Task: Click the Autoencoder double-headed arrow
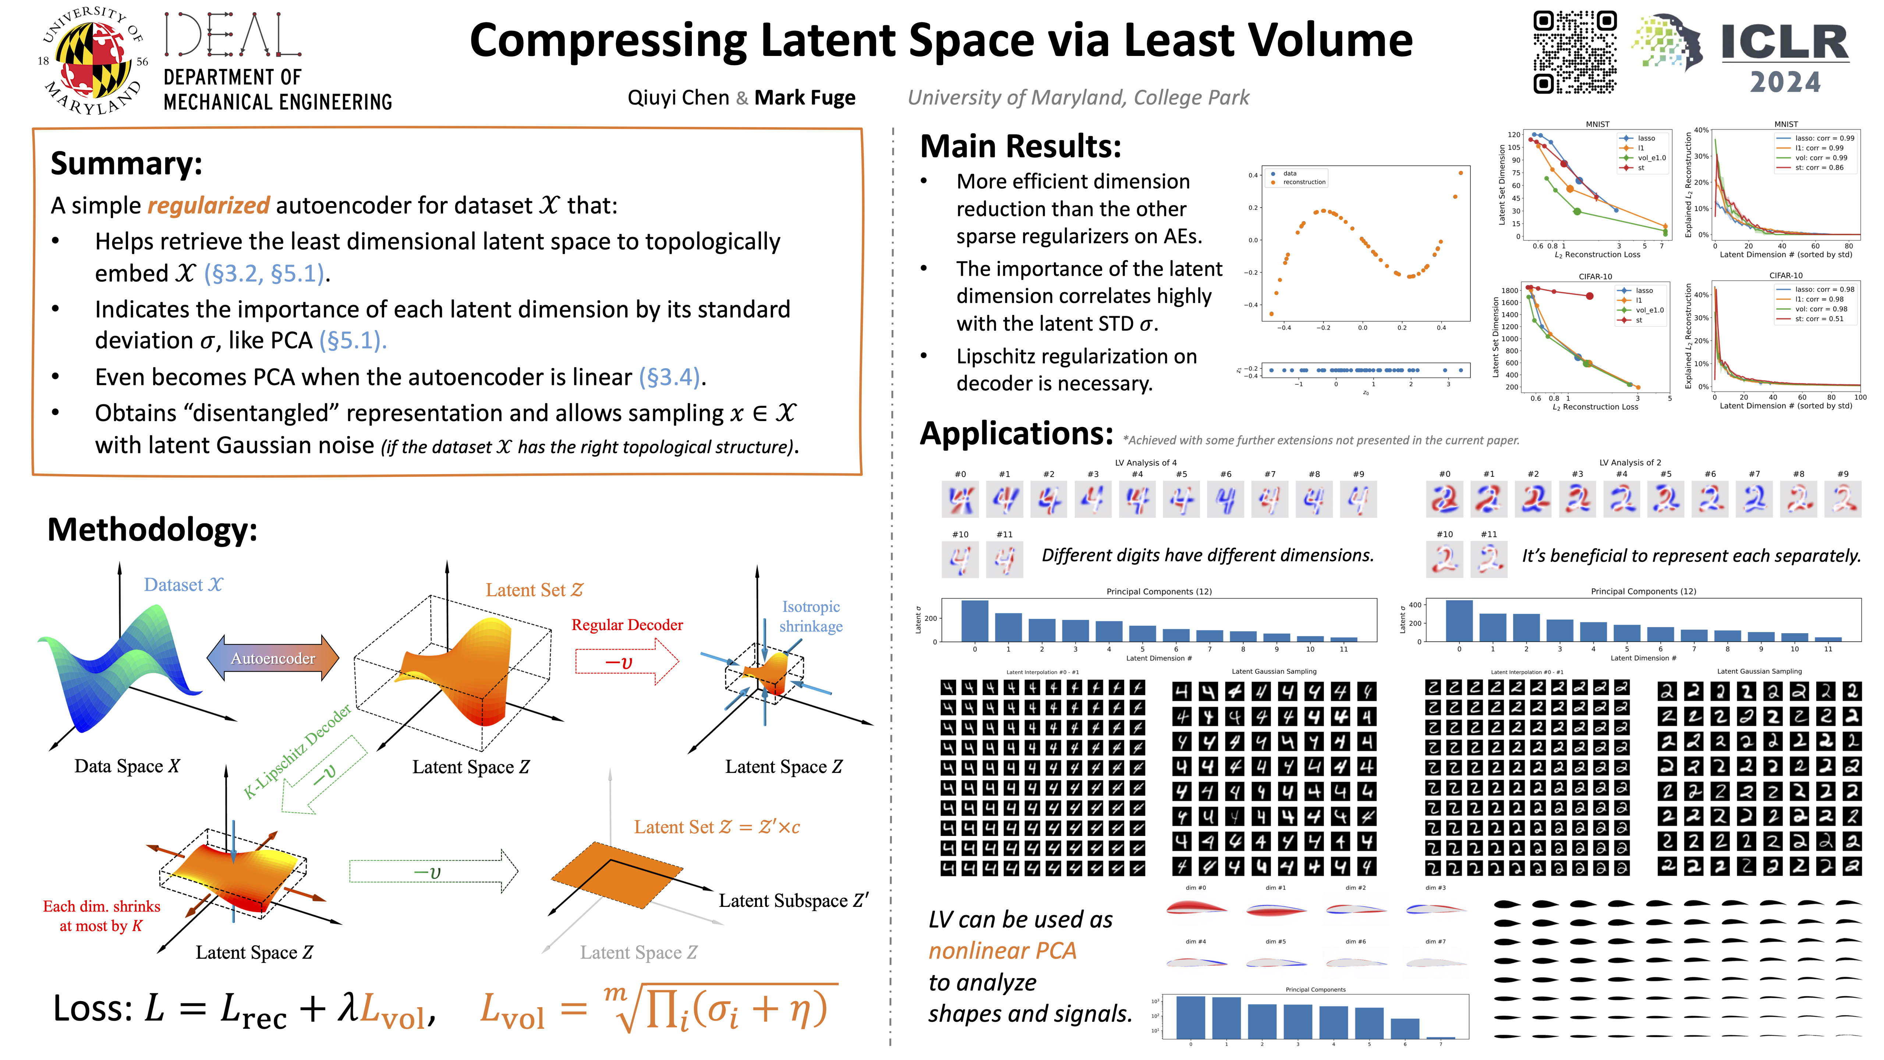[273, 658]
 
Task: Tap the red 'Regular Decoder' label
[627, 625]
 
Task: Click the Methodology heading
[152, 530]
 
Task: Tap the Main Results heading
[1020, 146]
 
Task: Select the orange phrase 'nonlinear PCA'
[1002, 951]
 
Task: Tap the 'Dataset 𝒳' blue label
[183, 584]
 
